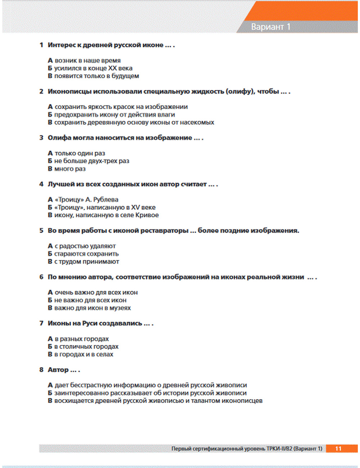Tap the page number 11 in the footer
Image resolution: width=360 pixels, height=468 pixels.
tap(338, 449)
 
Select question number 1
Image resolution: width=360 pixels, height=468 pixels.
tap(41, 45)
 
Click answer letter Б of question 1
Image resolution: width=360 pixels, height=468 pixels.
tap(50, 68)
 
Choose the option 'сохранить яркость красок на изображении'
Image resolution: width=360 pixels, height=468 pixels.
tap(121, 107)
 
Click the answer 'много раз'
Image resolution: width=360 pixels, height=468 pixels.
tap(70, 169)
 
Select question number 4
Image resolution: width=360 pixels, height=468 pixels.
tap(41, 184)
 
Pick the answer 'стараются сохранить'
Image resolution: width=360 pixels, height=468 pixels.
tap(86, 254)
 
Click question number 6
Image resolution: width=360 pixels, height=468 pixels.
tap(41, 277)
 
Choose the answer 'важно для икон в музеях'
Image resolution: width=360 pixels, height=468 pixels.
tap(93, 308)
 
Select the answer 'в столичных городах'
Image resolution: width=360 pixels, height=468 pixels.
tap(86, 347)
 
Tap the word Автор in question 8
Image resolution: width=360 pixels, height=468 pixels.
tap(58, 370)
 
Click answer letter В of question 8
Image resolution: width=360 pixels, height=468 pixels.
tap(50, 401)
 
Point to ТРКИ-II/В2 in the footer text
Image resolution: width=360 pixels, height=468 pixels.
tap(279, 449)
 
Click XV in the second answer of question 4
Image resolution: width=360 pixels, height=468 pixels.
tap(135, 207)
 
